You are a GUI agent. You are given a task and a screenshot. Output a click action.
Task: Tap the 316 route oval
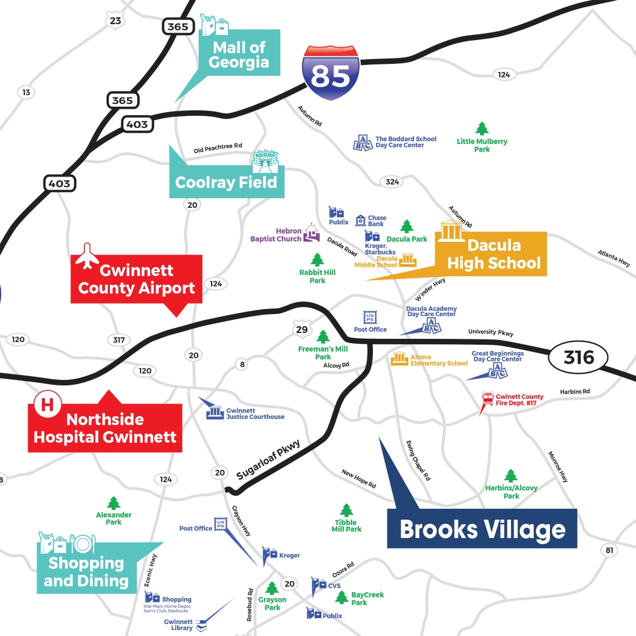tap(579, 357)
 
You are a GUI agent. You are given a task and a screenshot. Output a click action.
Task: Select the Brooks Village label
tap(482, 529)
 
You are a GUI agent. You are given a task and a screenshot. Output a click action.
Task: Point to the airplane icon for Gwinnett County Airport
tap(87, 256)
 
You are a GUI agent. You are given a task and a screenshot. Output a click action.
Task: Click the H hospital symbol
tap(48, 404)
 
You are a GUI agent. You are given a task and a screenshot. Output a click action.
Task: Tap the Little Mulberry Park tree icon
tap(482, 129)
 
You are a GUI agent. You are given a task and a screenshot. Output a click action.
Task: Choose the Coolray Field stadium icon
tap(265, 161)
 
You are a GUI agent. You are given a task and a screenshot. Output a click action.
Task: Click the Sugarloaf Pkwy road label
tap(268, 460)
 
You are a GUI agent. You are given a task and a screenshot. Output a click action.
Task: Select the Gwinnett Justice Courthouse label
tap(255, 414)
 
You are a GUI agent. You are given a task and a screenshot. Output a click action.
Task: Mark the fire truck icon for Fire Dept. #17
tap(488, 398)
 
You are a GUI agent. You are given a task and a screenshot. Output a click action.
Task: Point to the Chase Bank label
tap(377, 220)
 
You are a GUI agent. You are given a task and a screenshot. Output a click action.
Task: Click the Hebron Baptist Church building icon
tap(311, 233)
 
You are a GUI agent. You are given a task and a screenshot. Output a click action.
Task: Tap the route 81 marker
tap(609, 550)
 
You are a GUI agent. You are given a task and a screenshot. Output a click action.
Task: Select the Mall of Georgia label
tap(239, 55)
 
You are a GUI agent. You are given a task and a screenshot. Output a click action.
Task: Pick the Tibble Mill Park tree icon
tap(346, 510)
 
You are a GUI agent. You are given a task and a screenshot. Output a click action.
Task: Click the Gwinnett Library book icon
tap(201, 626)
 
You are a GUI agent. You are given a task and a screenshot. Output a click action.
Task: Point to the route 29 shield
tap(302, 329)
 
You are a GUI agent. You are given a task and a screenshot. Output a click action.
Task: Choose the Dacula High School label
tap(494, 254)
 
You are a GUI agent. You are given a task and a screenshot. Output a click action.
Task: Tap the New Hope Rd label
tap(358, 478)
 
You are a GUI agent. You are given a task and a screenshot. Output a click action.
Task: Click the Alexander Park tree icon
tap(114, 503)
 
